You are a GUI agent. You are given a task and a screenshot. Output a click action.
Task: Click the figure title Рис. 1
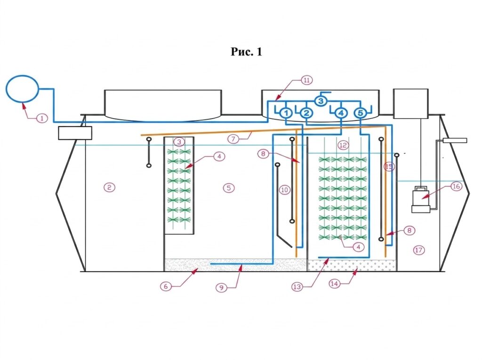246,52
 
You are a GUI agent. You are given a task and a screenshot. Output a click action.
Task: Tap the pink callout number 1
42,118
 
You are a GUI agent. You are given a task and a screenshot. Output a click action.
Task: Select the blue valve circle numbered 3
320,101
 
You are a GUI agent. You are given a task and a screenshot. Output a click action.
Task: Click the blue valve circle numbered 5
360,113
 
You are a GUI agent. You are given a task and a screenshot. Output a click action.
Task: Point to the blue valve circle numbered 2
306,113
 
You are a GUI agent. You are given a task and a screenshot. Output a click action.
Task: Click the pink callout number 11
306,80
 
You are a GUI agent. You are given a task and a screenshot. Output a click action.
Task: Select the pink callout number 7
233,139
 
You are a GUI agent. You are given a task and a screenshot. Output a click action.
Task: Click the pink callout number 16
457,186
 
